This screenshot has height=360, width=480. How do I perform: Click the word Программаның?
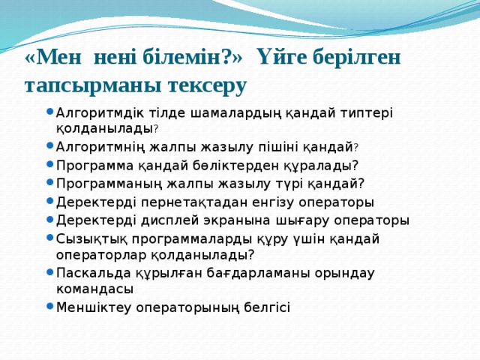click(106, 184)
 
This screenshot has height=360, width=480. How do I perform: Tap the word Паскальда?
click(90, 272)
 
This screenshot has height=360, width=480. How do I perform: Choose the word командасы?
click(95, 288)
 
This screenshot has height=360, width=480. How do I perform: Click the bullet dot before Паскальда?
click(49, 272)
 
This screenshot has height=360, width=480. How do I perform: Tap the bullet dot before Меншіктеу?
click(49, 306)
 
